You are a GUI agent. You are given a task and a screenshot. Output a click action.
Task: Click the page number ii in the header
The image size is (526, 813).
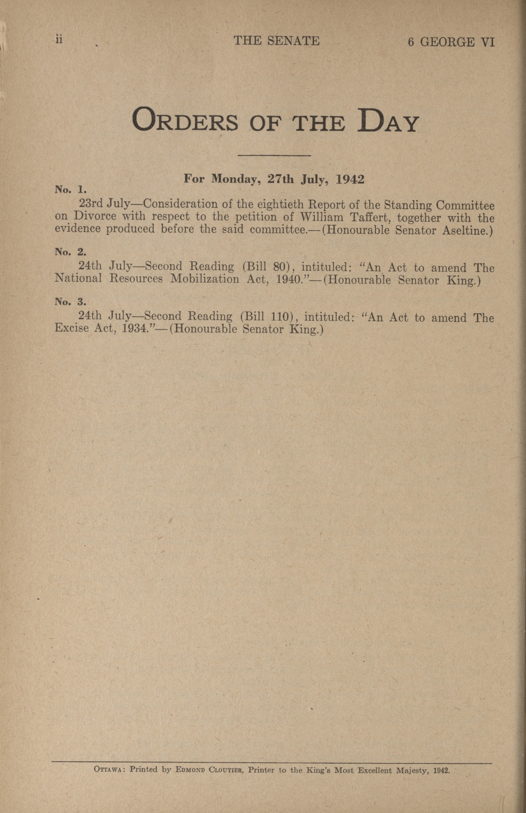click(x=59, y=40)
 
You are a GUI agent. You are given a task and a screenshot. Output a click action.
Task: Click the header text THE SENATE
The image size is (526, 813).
click(x=276, y=41)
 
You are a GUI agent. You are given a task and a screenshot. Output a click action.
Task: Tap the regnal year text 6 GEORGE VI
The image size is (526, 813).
click(x=451, y=42)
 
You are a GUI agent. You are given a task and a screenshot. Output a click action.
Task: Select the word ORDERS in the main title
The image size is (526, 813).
click(x=185, y=121)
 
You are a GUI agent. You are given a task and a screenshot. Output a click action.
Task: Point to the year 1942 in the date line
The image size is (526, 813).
click(x=350, y=179)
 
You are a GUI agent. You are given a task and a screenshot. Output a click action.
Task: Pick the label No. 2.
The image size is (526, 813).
click(x=70, y=252)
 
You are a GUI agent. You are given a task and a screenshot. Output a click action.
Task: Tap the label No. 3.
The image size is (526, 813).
click(x=70, y=302)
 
